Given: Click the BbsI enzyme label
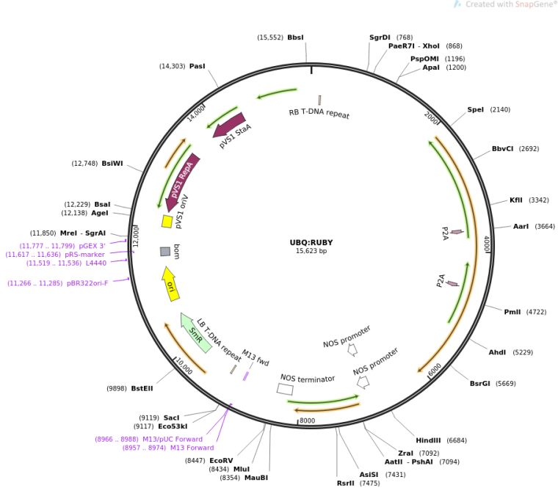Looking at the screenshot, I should click(x=295, y=37).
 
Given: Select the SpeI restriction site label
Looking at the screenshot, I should click(x=476, y=109).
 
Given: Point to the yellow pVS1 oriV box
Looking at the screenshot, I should click(x=167, y=221).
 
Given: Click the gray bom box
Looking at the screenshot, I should click(x=165, y=252).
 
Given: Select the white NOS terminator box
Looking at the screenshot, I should click(x=285, y=389).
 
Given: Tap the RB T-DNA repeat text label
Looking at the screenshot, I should click(x=319, y=114).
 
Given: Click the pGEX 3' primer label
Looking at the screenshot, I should click(x=86, y=246).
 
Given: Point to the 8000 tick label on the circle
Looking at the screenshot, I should click(x=308, y=420).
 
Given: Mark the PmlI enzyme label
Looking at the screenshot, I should click(x=512, y=312).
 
